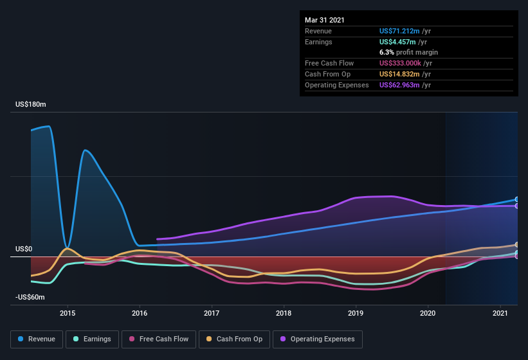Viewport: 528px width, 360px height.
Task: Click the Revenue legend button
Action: tap(37, 339)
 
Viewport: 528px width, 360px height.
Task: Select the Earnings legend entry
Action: tap(92, 339)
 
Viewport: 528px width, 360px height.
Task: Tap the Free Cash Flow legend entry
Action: tap(159, 339)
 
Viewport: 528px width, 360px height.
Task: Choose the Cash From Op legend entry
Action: tap(234, 339)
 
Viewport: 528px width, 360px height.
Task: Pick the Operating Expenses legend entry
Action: tap(318, 339)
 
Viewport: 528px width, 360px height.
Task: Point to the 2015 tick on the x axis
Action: tap(68, 313)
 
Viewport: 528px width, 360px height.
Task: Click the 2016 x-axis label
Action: tap(140, 313)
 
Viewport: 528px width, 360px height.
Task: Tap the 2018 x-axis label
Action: tap(284, 313)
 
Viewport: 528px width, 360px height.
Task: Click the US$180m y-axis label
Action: tap(31, 104)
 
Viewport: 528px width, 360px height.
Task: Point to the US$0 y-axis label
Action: tap(24, 249)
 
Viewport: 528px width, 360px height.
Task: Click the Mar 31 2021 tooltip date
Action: tap(324, 20)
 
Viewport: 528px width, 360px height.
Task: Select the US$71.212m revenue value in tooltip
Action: tap(400, 31)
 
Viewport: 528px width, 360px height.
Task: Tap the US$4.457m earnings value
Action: tap(397, 42)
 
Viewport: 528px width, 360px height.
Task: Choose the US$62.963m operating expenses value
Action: tap(400, 85)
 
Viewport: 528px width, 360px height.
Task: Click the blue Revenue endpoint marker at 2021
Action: tap(516, 199)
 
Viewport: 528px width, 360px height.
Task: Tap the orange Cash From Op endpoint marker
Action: tap(516, 245)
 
